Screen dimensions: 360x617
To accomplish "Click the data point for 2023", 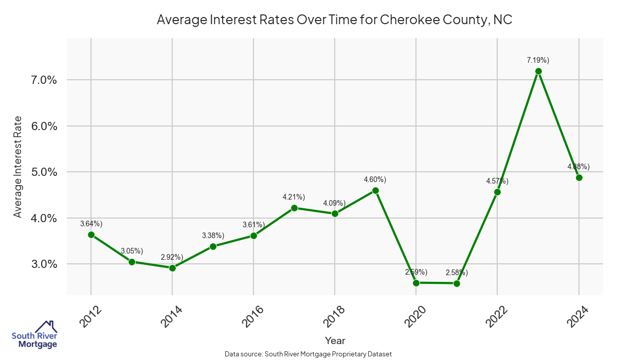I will (x=538, y=71).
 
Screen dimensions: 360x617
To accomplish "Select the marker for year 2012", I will (x=91, y=235).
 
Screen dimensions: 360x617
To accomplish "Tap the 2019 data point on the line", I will (x=375, y=190).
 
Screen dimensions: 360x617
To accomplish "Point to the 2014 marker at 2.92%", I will (x=172, y=268).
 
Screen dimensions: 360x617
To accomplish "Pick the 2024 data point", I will (x=579, y=177).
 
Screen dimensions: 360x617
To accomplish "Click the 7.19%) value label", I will (x=538, y=60).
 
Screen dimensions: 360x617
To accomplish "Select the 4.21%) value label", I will (x=294, y=197).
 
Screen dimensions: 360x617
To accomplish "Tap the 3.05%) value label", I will (x=132, y=251).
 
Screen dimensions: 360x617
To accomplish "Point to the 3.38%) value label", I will (x=213, y=236).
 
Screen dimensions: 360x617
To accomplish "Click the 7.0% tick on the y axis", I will (x=44, y=80).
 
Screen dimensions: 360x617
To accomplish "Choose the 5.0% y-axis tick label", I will (x=44, y=172).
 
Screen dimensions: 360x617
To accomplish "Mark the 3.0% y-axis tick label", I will (x=44, y=264).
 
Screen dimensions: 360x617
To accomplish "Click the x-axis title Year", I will (x=335, y=340).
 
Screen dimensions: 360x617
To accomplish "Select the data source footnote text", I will (x=308, y=354).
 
